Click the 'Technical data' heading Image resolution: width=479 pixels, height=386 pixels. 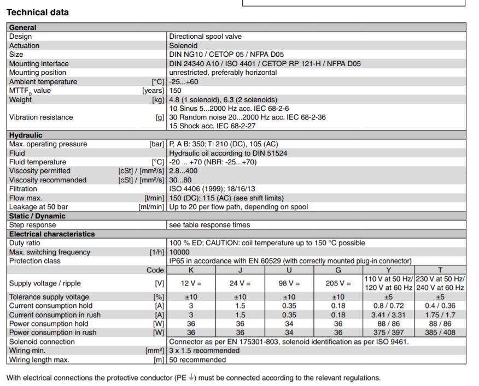(38, 12)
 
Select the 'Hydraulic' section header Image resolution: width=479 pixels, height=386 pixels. (26, 135)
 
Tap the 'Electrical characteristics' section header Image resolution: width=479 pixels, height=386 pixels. (52, 234)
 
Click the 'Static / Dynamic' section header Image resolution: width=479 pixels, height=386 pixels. (37, 216)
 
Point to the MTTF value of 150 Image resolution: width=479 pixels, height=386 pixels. (176, 91)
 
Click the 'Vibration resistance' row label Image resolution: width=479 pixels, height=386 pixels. (41, 117)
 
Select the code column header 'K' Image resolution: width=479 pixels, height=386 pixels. (191, 270)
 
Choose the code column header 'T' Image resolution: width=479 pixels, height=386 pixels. (440, 270)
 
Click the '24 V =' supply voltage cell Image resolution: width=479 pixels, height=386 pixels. (240, 283)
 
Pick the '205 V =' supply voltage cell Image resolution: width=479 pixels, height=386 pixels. (338, 283)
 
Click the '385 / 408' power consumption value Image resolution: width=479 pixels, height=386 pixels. (440, 332)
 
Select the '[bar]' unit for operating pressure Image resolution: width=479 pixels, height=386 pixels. (157, 144)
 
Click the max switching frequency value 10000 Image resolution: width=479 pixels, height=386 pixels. (180, 252)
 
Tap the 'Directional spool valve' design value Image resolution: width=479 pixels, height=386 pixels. (205, 37)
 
